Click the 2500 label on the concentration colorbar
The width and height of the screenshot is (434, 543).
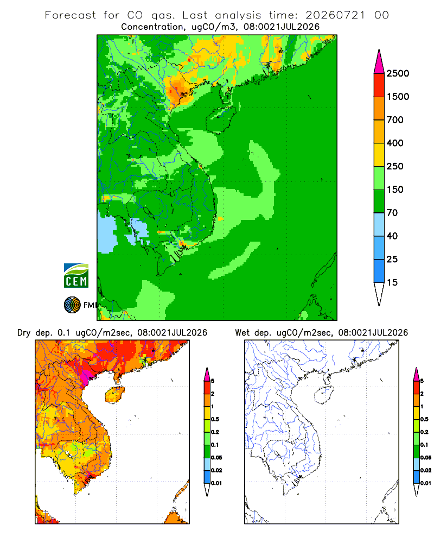pyautogui.click(x=398, y=73)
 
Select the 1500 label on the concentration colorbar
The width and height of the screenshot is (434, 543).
pyautogui.click(x=398, y=97)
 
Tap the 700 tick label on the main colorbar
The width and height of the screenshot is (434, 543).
pyautogui.click(x=395, y=120)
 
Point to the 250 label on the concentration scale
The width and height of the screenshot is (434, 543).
pyautogui.click(x=395, y=166)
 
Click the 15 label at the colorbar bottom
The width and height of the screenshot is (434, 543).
pyautogui.click(x=392, y=282)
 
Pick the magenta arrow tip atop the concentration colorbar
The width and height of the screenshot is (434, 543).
pyautogui.click(x=379, y=62)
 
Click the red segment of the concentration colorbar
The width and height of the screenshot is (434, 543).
pyautogui.click(x=379, y=85)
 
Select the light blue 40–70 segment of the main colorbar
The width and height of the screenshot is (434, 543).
pyautogui.click(x=379, y=224)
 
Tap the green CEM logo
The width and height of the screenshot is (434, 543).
pyautogui.click(x=76, y=275)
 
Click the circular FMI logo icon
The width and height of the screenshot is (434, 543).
pyautogui.click(x=72, y=305)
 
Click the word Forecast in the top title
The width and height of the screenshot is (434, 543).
pyautogui.click(x=71, y=15)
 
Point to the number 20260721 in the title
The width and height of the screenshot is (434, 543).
pyautogui.click(x=335, y=15)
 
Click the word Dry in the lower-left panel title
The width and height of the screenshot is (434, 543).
pyautogui.click(x=24, y=333)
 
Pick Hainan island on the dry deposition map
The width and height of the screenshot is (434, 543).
pyautogui.click(x=114, y=395)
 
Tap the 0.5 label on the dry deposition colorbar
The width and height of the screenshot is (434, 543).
pyautogui.click(x=215, y=419)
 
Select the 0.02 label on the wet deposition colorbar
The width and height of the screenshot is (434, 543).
pyautogui.click(x=426, y=470)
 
